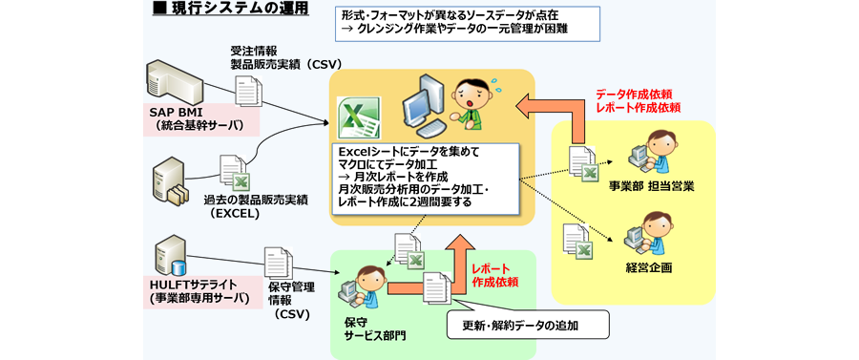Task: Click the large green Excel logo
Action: coord(359,118)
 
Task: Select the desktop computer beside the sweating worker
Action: coord(424,106)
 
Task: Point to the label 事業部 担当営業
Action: coord(651,186)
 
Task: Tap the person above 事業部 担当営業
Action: coord(651,151)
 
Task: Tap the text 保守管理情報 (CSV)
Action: coord(286,300)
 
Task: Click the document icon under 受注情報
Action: coord(249,91)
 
